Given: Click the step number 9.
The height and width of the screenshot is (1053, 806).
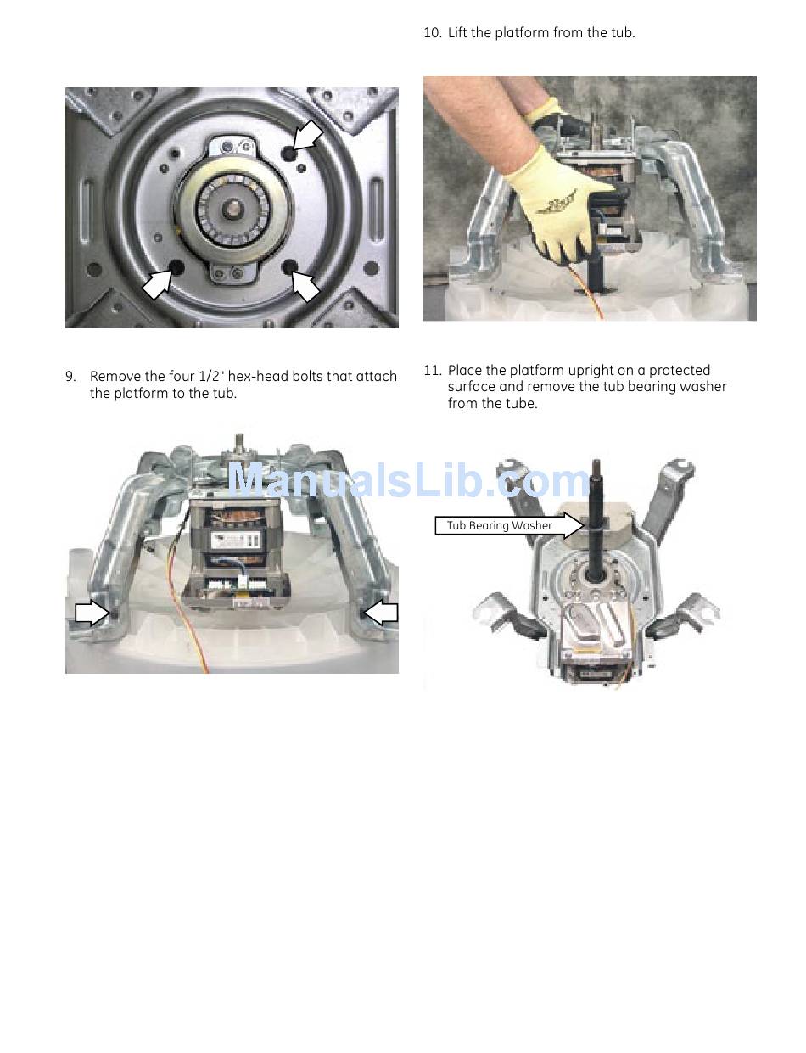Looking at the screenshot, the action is click(70, 377).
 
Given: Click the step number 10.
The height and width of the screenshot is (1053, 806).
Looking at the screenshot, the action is click(433, 33).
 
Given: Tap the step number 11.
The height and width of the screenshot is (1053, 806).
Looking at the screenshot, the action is click(433, 371).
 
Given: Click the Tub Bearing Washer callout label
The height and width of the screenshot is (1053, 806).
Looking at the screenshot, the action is click(499, 526).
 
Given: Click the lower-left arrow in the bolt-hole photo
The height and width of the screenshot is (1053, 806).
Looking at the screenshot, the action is click(158, 284).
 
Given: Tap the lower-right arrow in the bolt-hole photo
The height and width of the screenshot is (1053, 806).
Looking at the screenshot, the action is click(305, 286).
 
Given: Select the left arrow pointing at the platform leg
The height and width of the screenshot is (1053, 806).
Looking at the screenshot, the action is click(92, 613).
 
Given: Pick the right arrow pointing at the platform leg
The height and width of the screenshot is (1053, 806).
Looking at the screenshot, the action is click(381, 613).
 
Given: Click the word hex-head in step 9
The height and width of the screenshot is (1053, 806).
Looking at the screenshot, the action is click(258, 377).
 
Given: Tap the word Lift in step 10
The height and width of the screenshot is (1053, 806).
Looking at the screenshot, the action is click(457, 33).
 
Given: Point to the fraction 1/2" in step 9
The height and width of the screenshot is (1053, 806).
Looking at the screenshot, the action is click(211, 377).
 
